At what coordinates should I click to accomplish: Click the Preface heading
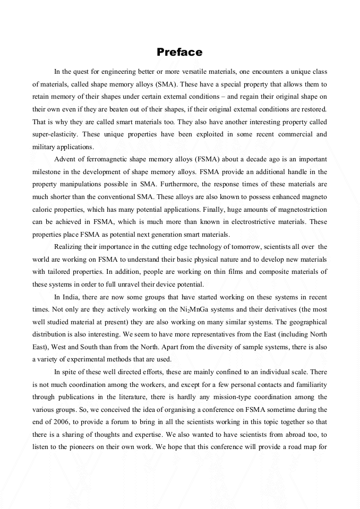click(179, 52)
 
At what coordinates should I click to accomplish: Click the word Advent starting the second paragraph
click(65, 159)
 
